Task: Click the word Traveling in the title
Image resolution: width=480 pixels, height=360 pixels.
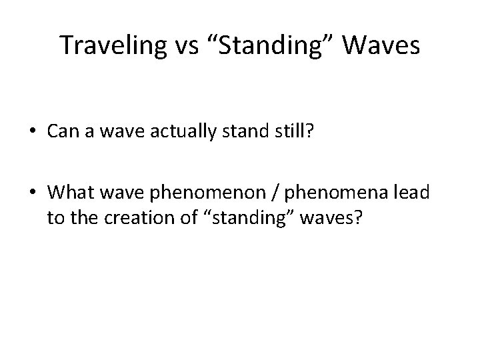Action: click(x=108, y=45)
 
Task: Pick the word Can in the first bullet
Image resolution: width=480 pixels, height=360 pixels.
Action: click(x=60, y=132)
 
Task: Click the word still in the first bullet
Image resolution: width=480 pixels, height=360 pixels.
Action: click(x=291, y=132)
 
